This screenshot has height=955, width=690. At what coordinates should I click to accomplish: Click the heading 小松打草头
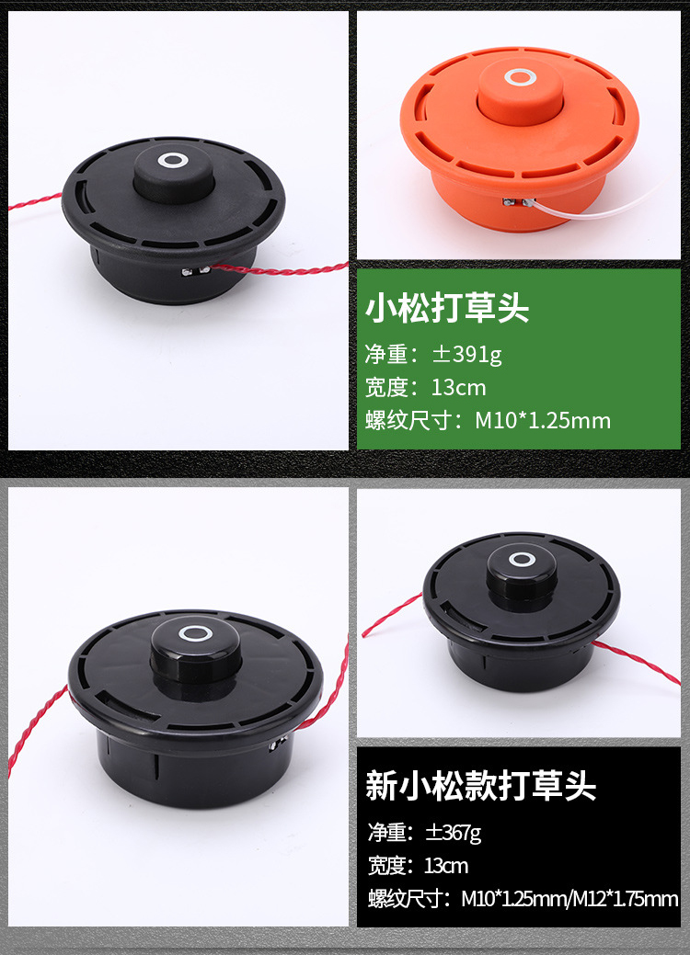(x=447, y=308)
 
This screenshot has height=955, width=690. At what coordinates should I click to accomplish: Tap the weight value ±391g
(x=467, y=355)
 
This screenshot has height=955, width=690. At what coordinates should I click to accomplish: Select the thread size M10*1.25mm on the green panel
(x=543, y=420)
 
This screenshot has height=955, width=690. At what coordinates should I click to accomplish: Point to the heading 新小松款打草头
(x=480, y=786)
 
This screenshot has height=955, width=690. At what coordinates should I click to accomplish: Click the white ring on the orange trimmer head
(x=521, y=77)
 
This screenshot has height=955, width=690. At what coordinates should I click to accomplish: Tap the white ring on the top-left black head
(x=173, y=161)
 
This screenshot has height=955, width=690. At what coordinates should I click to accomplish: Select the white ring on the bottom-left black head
(x=196, y=633)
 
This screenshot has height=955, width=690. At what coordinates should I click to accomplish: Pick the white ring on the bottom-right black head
(x=522, y=559)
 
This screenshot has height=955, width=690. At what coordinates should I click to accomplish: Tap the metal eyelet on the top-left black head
(x=196, y=270)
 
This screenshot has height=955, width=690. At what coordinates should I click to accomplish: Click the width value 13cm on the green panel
(x=458, y=387)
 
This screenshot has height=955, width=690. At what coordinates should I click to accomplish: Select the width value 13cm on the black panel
(x=446, y=866)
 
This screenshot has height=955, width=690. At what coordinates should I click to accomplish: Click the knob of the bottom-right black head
(x=522, y=574)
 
